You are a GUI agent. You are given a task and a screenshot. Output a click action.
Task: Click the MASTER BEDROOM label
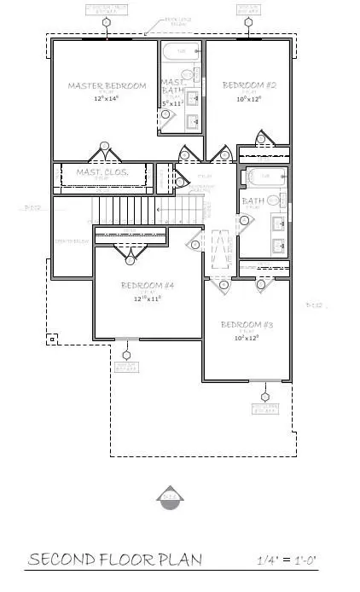coord(107,85)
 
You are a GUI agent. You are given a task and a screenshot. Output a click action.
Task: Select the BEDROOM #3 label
coord(245,325)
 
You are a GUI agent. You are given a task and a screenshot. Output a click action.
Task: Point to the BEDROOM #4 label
coord(147,285)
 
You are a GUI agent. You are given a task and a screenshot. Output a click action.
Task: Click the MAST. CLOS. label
coord(102,172)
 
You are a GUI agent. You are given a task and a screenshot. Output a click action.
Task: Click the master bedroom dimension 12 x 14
coord(107,99)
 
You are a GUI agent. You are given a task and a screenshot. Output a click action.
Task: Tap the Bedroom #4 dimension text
coord(147,299)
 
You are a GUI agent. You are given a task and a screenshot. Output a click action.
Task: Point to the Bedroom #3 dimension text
coord(245,338)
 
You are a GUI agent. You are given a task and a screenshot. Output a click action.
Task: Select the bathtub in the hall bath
coord(262,177)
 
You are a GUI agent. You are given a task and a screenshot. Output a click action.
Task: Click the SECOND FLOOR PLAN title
coord(116,560)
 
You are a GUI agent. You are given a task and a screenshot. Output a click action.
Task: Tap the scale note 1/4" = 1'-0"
coord(287,561)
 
